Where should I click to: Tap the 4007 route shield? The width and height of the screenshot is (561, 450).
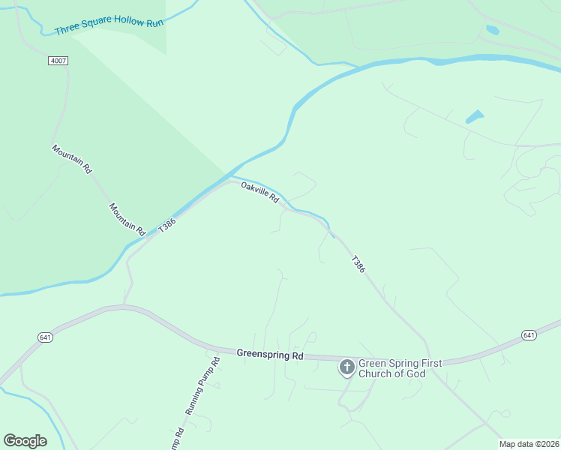tap(57, 60)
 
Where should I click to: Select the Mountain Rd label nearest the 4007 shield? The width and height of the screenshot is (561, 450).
tap(71, 159)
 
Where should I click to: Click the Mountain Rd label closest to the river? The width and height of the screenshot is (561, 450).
tap(126, 219)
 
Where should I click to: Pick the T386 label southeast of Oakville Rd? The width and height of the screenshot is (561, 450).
tap(358, 264)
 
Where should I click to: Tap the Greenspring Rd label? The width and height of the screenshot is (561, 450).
tap(269, 353)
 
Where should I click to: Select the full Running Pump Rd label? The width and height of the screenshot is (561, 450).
tap(203, 387)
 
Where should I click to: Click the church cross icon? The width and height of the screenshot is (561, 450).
tap(346, 367)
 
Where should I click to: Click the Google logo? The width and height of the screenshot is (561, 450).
tap(25, 441)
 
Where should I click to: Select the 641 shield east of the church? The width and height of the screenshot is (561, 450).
tap(529, 334)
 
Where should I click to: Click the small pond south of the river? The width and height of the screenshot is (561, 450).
tap(474, 117)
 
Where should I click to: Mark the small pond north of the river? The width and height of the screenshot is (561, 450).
tap(492, 30)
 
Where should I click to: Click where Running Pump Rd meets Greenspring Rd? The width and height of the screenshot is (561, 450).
tap(218, 349)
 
